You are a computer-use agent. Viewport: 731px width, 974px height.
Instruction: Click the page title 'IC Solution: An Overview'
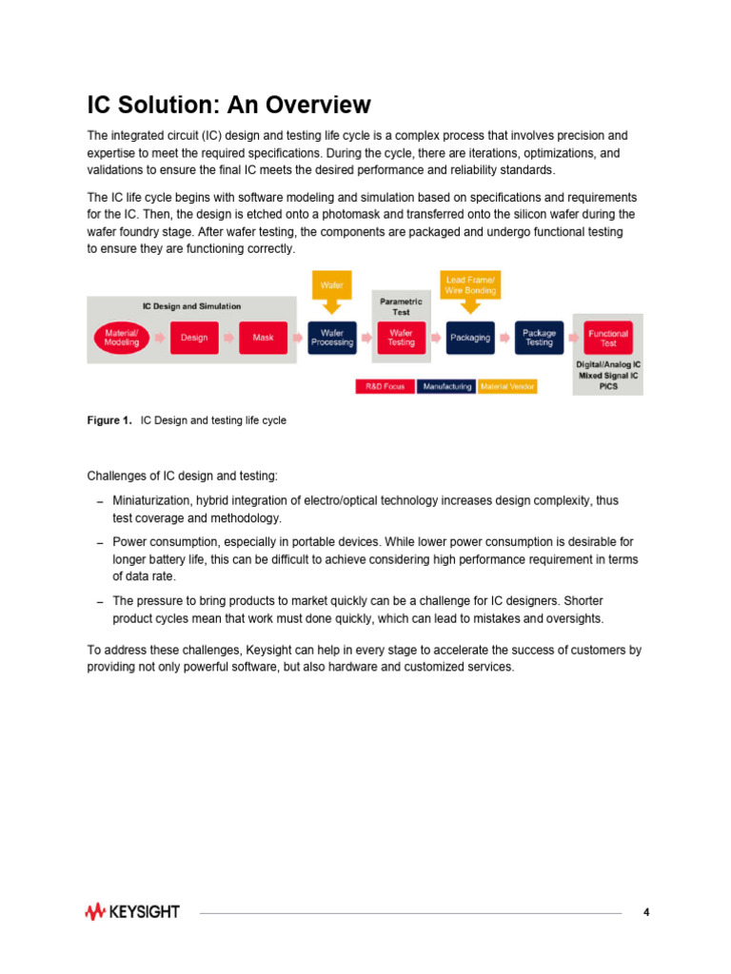coord(228,104)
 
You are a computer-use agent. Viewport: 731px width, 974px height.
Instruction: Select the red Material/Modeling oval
coord(121,338)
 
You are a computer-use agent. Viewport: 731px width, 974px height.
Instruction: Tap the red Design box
coord(194,338)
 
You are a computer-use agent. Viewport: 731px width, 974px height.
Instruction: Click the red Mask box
coord(263,338)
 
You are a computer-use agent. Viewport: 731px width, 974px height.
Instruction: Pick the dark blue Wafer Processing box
coord(332,338)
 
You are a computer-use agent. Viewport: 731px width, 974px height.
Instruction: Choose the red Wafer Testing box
coord(401,338)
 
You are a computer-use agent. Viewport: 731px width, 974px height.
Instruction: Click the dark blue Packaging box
coord(469,338)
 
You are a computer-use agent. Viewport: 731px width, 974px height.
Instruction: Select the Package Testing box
coord(539,338)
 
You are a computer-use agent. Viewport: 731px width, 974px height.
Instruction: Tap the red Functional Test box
coord(607,338)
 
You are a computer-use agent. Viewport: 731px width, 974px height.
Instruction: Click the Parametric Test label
coord(401,306)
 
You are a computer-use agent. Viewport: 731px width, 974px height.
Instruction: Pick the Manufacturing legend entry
coord(446,387)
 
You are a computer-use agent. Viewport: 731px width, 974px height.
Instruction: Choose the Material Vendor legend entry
coord(507,387)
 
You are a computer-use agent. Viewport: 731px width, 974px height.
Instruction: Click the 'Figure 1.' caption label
coord(109,420)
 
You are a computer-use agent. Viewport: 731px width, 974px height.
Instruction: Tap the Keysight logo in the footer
coord(132,912)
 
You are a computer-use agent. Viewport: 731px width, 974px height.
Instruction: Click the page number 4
coord(646,912)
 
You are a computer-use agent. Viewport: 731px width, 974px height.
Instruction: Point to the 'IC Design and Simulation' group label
coord(191,306)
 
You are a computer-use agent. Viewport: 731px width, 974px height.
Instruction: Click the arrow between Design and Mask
coord(228,338)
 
